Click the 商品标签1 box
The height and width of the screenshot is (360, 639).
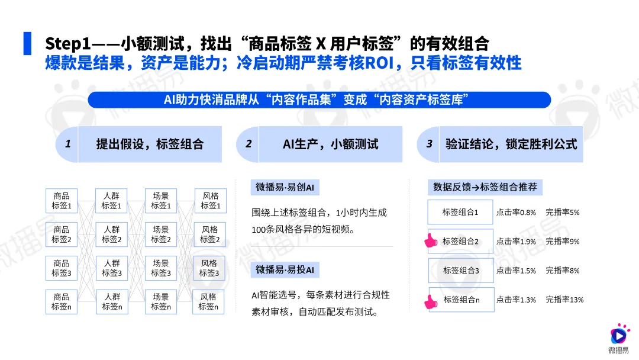[62, 201]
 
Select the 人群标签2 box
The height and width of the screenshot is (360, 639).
[111, 234]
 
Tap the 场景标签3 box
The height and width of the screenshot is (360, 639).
[161, 268]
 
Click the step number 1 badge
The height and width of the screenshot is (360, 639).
[68, 143]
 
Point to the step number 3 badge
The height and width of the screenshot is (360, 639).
[430, 143]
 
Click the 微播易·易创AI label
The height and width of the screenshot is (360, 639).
[285, 188]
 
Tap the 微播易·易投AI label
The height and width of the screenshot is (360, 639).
[285, 270]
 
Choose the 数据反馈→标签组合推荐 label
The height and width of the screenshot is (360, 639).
[485, 188]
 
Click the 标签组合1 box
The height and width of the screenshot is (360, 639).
[460, 212]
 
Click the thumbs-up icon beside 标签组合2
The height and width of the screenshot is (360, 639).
[430, 241]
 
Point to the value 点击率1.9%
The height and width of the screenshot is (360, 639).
[516, 242]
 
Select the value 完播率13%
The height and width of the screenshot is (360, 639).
[564, 300]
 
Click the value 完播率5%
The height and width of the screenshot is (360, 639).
[562, 212]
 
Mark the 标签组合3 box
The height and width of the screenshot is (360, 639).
[461, 271]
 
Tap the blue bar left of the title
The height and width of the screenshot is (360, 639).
[27, 43]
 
